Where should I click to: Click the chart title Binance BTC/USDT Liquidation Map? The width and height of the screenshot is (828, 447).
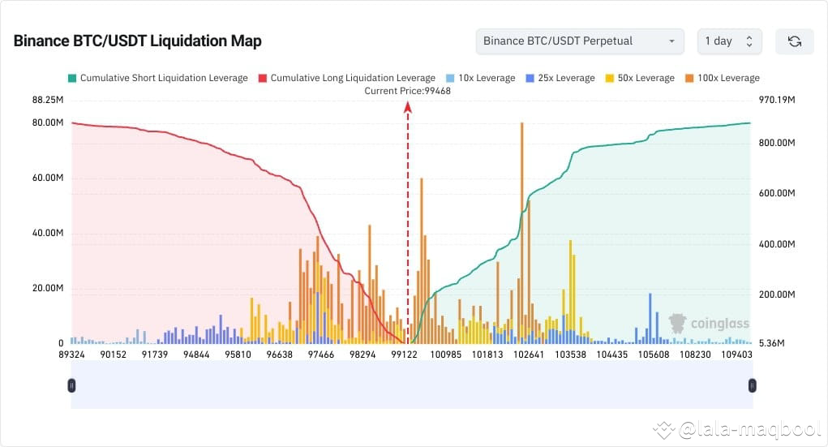[137, 41]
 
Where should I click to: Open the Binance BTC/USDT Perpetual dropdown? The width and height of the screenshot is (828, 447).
[579, 41]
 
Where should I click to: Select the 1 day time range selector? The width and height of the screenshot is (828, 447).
[729, 41]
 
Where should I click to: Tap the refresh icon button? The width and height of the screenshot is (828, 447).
[794, 41]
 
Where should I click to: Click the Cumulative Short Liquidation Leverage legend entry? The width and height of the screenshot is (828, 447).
[157, 78]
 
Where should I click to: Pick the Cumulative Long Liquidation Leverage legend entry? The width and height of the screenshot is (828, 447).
[346, 78]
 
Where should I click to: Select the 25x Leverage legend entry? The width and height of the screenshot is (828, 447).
[560, 78]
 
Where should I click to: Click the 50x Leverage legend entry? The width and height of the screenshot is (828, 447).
[640, 78]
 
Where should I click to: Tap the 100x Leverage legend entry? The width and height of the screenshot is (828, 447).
[723, 78]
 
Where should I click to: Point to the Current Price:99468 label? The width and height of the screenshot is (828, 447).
[407, 91]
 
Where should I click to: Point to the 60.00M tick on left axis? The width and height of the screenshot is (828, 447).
[47, 178]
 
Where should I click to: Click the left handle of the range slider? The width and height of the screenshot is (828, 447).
[71, 385]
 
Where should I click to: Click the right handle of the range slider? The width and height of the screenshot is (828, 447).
[752, 385]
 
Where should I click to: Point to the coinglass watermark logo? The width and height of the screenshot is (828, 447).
[708, 324]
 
